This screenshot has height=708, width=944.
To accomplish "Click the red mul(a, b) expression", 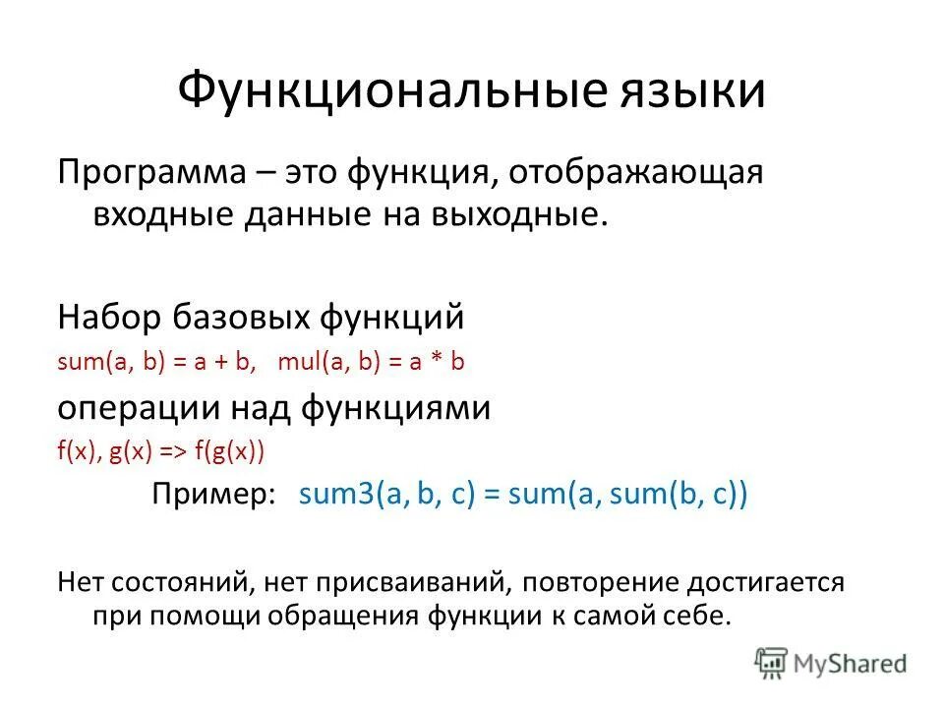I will click(328, 362).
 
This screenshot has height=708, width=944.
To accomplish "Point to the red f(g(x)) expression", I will click(229, 451).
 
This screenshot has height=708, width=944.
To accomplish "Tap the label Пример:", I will click(213, 494).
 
